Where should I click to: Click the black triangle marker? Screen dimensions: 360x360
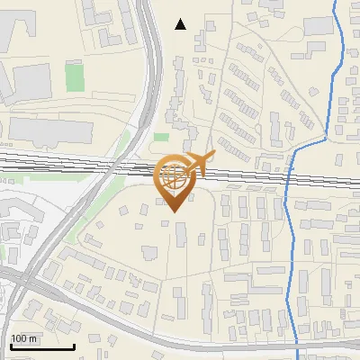[x=180, y=24]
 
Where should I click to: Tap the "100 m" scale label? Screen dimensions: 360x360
[x=24, y=338]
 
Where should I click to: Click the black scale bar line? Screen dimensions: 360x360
[x=41, y=346]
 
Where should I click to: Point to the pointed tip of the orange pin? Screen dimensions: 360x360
[x=174, y=211]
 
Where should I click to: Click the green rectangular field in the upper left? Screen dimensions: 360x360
[x=74, y=76]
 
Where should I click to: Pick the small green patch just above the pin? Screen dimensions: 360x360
[x=160, y=137]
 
